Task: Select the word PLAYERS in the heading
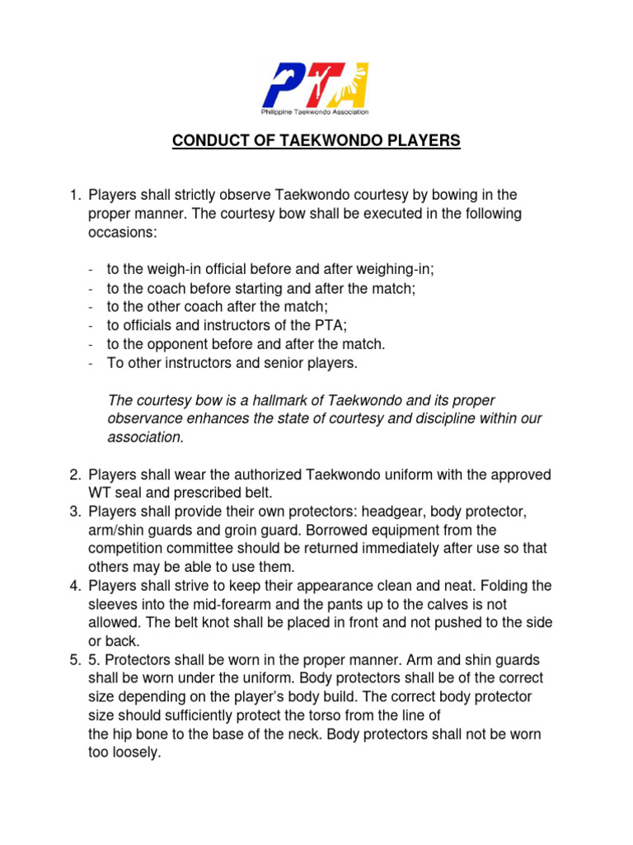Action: (x=420, y=142)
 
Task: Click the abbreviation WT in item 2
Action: (x=100, y=493)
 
